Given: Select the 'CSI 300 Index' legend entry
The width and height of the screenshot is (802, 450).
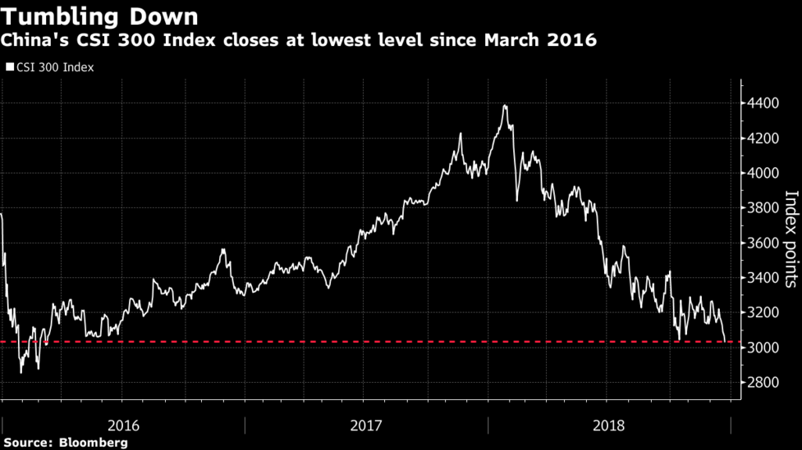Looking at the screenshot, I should (53, 67).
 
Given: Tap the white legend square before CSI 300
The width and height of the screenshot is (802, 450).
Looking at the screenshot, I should (9, 67).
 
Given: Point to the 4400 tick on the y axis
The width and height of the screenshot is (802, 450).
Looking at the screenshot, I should (763, 103).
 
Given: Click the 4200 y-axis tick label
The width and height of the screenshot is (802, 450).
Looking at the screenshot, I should (763, 139).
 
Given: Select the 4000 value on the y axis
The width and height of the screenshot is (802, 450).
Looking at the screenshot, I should (763, 173).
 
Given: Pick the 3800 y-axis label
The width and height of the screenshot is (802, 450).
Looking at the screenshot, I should (763, 208).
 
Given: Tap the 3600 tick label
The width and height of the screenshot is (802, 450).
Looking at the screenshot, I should (763, 243).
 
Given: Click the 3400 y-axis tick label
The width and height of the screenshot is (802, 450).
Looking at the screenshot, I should (763, 278).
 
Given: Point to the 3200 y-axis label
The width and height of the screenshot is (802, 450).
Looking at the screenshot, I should (763, 313).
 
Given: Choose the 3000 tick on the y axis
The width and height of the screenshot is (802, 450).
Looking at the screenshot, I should (763, 348).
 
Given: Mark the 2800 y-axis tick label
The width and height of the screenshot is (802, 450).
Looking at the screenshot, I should (763, 383).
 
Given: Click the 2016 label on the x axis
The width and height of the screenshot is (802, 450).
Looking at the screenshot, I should (123, 425).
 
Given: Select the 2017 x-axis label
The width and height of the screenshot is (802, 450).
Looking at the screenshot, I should (365, 425).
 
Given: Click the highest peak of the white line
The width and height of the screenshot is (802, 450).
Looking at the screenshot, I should (505, 106).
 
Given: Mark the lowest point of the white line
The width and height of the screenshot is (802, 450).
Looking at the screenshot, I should (21, 373).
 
